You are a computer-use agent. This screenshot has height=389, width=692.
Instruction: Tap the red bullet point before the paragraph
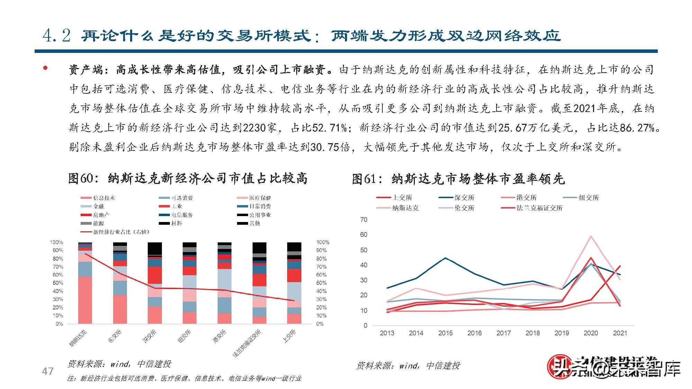(x=45, y=68)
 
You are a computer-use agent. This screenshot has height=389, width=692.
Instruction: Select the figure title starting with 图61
(x=458, y=179)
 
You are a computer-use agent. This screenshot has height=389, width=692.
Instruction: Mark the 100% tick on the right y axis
(x=323, y=242)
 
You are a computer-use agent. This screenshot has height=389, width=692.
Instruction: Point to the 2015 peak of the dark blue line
(x=445, y=258)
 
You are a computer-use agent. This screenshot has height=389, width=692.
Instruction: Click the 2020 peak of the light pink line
(x=591, y=237)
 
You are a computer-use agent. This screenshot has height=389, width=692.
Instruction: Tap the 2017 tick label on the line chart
(x=503, y=333)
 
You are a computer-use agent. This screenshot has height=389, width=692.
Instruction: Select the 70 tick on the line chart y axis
(x=364, y=220)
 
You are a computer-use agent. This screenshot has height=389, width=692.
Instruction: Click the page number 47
(x=47, y=371)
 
